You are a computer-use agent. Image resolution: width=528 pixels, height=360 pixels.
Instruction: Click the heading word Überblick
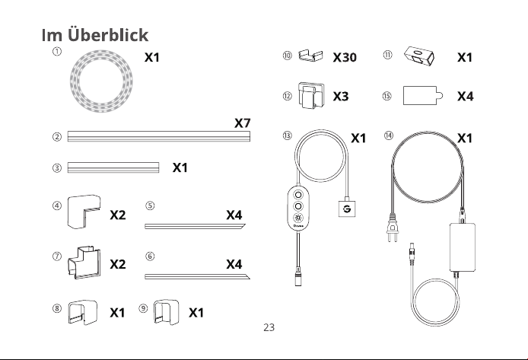[108, 35]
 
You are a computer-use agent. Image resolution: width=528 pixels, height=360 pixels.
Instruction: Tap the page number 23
[269, 327]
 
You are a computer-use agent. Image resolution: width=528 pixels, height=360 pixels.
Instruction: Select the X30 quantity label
[345, 57]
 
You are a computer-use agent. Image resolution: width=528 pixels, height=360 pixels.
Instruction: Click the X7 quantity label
[243, 123]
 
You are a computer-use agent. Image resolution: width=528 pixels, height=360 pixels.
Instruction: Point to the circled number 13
[288, 135]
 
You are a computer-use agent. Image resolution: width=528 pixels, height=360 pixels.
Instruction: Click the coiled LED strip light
[72, 81]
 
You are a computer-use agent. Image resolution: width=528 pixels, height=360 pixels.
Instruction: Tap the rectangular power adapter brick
[463, 247]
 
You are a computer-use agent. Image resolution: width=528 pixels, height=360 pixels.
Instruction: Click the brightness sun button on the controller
[298, 217]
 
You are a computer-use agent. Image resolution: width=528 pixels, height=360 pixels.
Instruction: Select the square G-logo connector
[346, 209]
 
